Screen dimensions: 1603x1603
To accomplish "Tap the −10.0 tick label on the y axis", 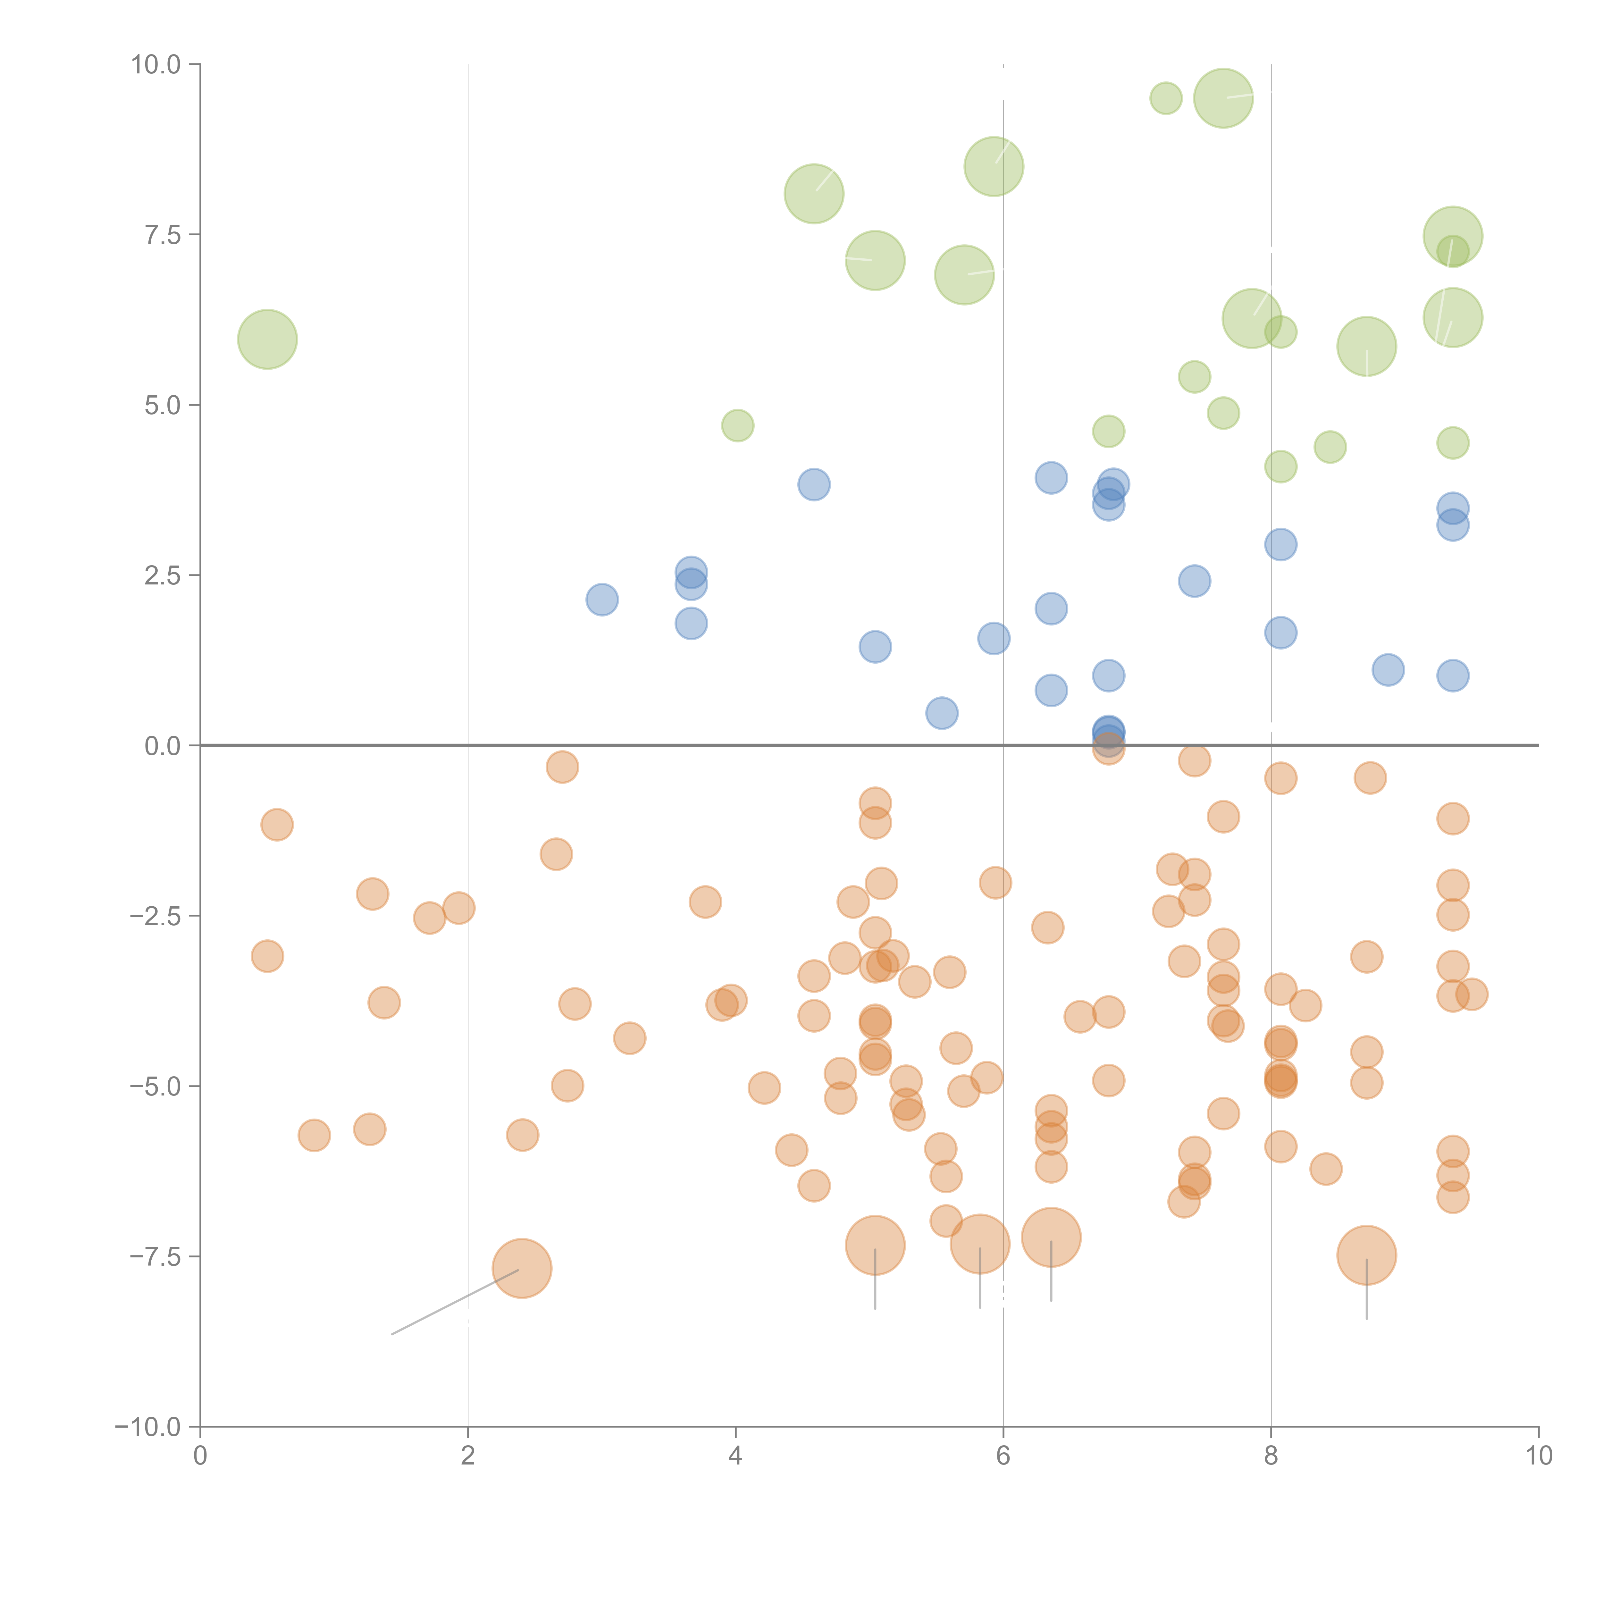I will pos(148,1427).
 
